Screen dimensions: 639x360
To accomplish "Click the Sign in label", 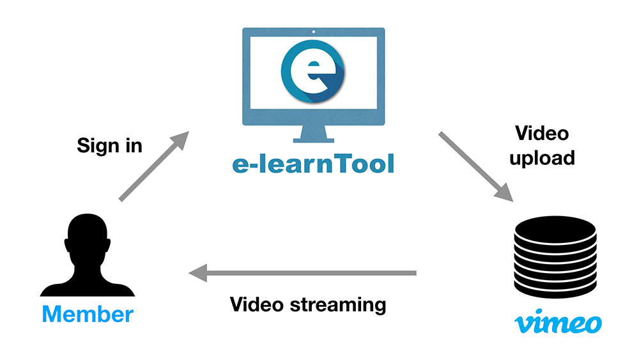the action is (110, 146).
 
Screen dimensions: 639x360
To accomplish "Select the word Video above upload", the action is (542, 133).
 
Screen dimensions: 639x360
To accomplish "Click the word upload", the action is (542, 158).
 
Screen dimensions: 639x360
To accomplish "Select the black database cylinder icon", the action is (555, 257).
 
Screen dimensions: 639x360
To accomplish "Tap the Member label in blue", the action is (88, 315).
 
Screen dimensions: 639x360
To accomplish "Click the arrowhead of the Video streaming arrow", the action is (198, 273).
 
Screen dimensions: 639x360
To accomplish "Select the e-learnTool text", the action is (313, 164).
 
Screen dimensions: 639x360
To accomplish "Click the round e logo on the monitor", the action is (313, 71).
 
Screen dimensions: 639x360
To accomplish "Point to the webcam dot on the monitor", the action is (313, 32).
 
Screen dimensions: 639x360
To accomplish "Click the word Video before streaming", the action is (256, 304).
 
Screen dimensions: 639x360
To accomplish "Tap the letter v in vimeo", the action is (524, 324).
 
